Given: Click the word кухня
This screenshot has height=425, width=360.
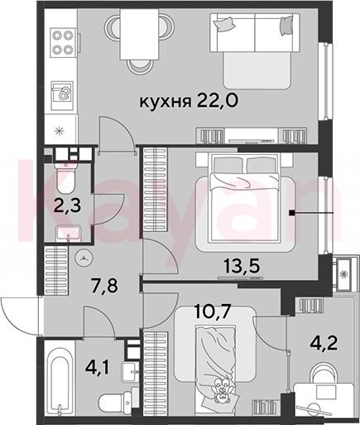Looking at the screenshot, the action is pos(166,102).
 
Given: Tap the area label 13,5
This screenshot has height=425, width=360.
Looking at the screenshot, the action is pos(242,266).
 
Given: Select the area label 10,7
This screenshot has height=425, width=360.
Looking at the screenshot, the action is pos(212,312).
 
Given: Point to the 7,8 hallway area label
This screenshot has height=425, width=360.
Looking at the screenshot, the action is pos(104,286).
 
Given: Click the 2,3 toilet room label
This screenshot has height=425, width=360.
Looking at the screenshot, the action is pos(68,205).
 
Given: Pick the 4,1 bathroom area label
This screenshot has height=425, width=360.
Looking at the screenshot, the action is pos(98,369).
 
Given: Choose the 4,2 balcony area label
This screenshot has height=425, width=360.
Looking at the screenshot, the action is pos(324,343).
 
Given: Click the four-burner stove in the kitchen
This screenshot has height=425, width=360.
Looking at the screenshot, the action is pos(63,42).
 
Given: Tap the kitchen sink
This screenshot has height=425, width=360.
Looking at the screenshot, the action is pos(62,93).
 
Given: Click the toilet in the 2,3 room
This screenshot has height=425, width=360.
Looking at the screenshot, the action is pos(65,177).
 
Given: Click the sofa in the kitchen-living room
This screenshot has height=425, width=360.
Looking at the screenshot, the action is pos(254,51).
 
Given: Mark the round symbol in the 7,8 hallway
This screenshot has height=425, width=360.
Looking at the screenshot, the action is pos(84,258).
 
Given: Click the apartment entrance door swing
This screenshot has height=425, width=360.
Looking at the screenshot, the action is pos(19,316).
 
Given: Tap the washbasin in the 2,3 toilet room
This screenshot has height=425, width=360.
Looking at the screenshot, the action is pos(68,233).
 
